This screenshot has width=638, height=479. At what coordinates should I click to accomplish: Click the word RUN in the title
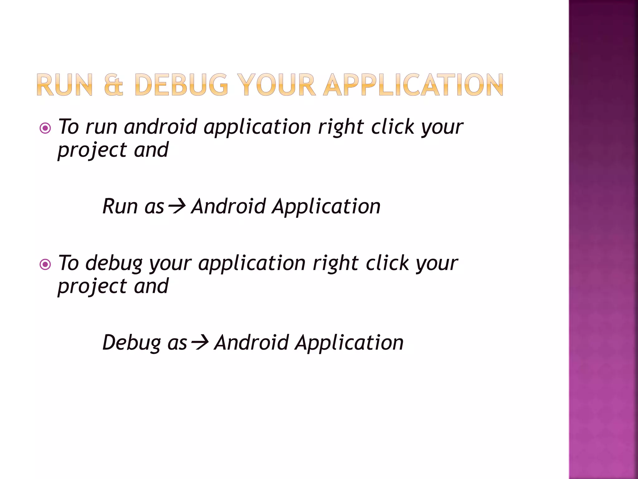[65, 85]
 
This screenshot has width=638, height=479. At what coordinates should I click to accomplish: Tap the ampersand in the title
[113, 85]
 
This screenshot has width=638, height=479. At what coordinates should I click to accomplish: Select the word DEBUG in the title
[181, 85]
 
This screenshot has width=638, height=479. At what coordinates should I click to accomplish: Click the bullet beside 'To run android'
[45, 128]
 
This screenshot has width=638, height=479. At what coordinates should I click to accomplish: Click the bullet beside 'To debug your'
[45, 264]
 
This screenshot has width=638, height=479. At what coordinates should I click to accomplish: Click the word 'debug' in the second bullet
[114, 264]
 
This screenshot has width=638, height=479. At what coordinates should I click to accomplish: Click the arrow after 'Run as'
[177, 206]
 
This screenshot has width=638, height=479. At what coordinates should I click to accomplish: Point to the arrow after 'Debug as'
[200, 343]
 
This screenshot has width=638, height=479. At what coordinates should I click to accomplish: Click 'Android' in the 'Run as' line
[228, 206]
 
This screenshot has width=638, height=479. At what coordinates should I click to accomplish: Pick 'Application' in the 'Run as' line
[326, 207]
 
